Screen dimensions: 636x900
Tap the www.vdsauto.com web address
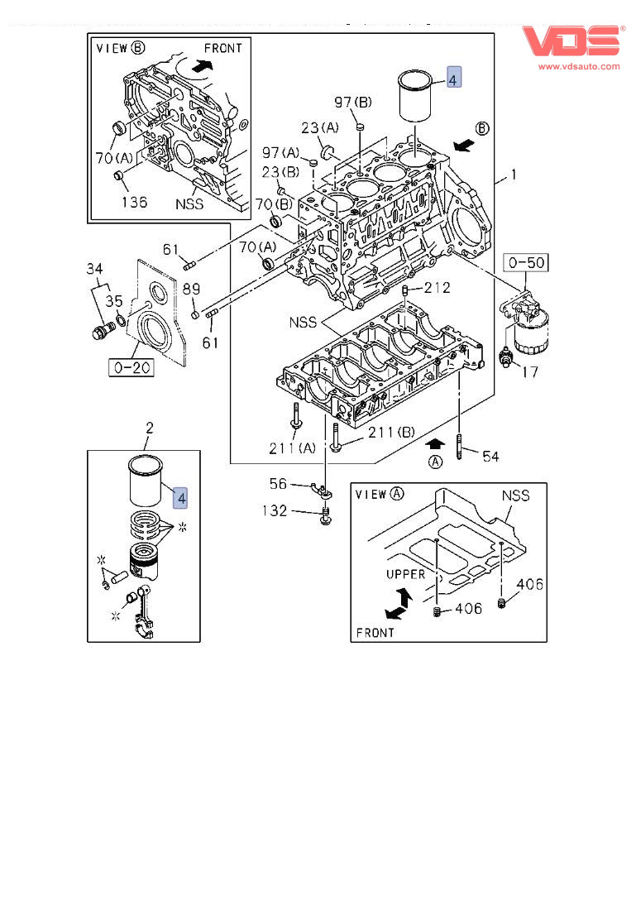[579, 66]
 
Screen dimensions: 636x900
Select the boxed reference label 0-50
[526, 263]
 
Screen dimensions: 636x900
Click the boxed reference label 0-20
[132, 367]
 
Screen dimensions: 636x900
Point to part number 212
[438, 288]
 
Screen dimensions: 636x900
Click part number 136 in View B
[134, 202]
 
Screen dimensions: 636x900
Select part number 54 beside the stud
[490, 457]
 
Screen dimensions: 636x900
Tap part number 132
[275, 510]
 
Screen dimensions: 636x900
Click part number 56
[278, 484]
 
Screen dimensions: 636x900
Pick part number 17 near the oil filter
[530, 372]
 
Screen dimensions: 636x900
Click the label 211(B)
[391, 432]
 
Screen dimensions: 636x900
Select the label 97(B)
[353, 103]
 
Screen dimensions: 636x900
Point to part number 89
[191, 289]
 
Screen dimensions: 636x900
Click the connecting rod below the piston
[144, 612]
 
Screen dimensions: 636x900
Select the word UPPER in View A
[406, 574]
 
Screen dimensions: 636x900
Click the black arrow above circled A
[435, 443]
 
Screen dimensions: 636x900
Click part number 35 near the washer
[113, 301]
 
